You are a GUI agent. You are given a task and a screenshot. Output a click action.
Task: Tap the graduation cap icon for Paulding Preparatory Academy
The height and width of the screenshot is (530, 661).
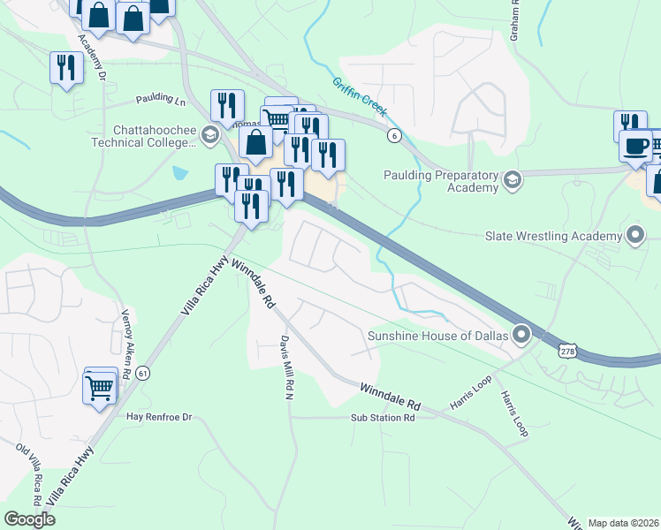(x=512, y=181)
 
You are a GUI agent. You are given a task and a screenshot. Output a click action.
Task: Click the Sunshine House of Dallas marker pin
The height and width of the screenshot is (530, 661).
(x=521, y=335)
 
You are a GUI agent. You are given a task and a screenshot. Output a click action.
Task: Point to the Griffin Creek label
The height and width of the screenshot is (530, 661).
(x=360, y=96)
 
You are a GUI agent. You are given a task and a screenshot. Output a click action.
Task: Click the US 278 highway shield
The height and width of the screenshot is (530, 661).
(x=568, y=352)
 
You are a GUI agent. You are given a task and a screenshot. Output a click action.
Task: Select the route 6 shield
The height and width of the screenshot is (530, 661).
(x=394, y=134)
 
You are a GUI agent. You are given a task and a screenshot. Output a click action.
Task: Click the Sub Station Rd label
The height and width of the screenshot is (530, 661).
(x=383, y=418)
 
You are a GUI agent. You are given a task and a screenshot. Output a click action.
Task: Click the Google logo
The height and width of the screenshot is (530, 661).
(x=30, y=519)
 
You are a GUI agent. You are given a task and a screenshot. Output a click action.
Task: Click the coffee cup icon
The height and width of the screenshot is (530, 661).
(x=636, y=146)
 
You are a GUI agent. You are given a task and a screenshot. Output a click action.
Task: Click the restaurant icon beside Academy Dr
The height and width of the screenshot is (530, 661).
(x=66, y=67)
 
